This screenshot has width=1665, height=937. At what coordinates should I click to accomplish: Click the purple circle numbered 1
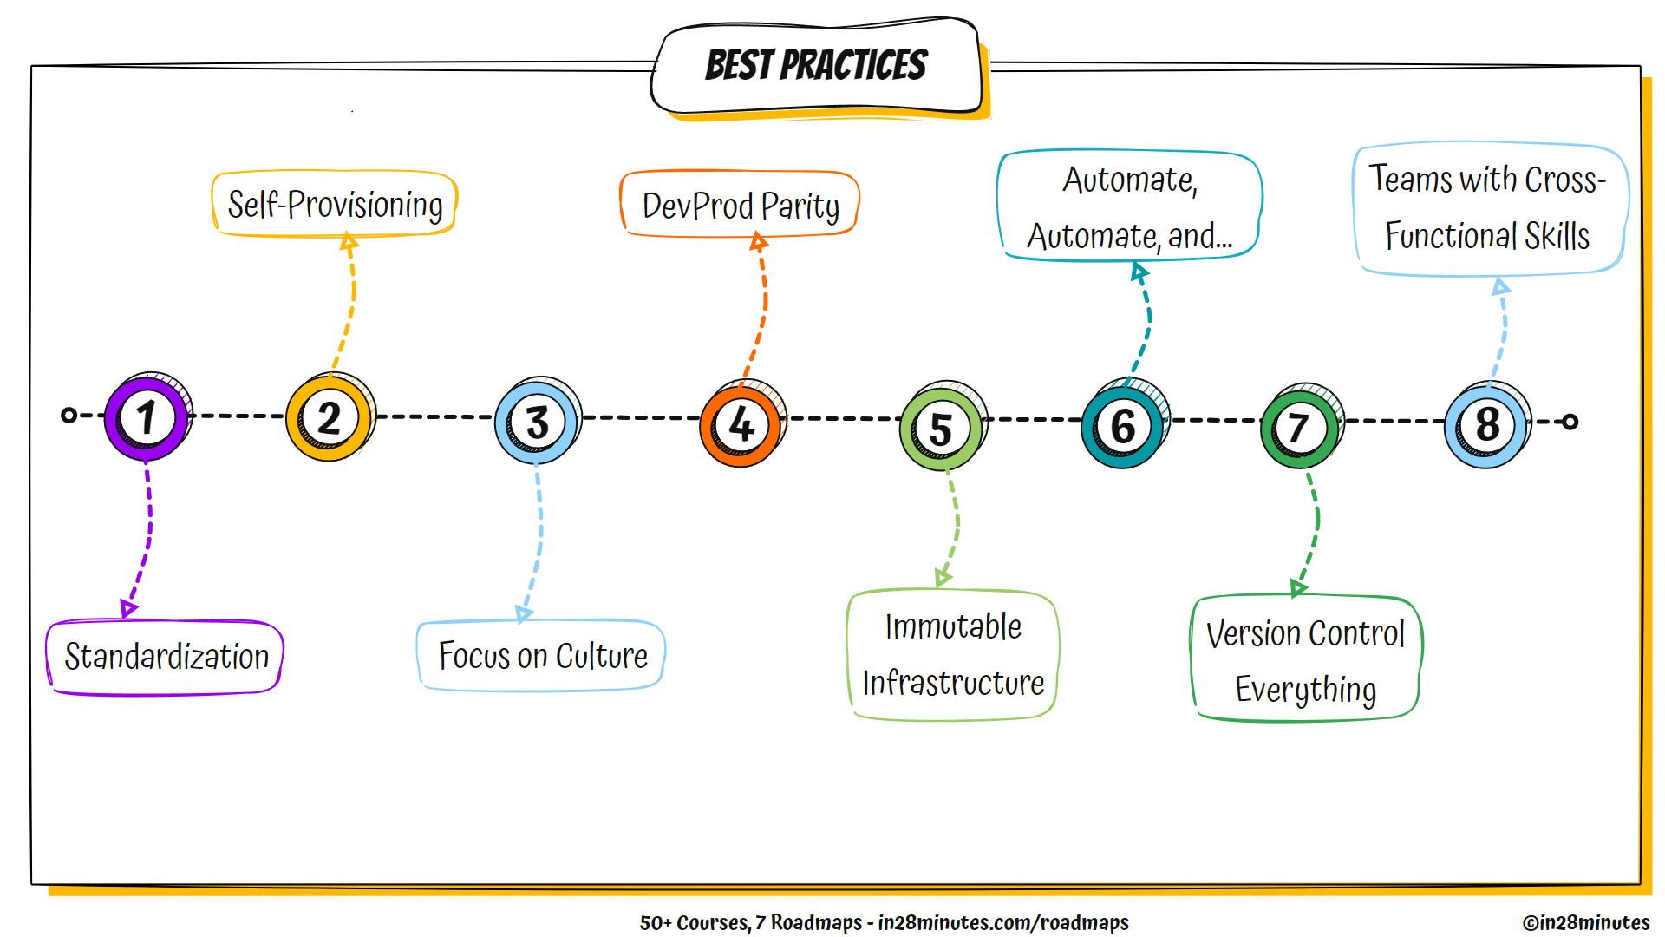(x=146, y=418)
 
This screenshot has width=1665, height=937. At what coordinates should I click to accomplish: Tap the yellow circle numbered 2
(x=329, y=419)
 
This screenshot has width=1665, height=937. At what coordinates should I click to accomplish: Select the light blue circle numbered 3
(x=537, y=423)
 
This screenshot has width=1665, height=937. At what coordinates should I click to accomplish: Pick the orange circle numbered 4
(x=741, y=425)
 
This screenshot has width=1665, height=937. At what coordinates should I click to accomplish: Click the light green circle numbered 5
(x=942, y=429)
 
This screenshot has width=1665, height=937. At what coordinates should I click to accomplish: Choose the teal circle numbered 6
(x=1123, y=426)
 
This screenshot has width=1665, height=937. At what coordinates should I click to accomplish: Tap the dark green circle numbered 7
(x=1299, y=428)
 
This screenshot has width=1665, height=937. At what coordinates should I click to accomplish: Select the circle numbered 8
(x=1486, y=425)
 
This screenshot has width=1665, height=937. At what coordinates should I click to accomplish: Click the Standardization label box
(x=166, y=657)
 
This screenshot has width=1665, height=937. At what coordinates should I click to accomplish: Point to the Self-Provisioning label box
(x=335, y=205)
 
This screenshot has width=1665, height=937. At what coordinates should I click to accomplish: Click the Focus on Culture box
(x=542, y=656)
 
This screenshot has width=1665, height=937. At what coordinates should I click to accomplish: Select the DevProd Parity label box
(x=740, y=206)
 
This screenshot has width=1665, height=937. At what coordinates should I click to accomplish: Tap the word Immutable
(x=953, y=626)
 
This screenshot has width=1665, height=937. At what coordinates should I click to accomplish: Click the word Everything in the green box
(x=1305, y=690)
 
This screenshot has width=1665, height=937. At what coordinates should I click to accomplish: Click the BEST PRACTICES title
(x=816, y=66)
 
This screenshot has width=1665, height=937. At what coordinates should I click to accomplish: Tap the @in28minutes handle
(x=1585, y=922)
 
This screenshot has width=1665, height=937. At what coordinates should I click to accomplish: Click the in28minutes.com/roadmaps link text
(x=1002, y=922)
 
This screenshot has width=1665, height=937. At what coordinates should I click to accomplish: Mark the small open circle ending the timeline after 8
(x=1570, y=422)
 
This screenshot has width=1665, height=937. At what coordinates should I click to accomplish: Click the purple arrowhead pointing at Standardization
(x=128, y=607)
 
